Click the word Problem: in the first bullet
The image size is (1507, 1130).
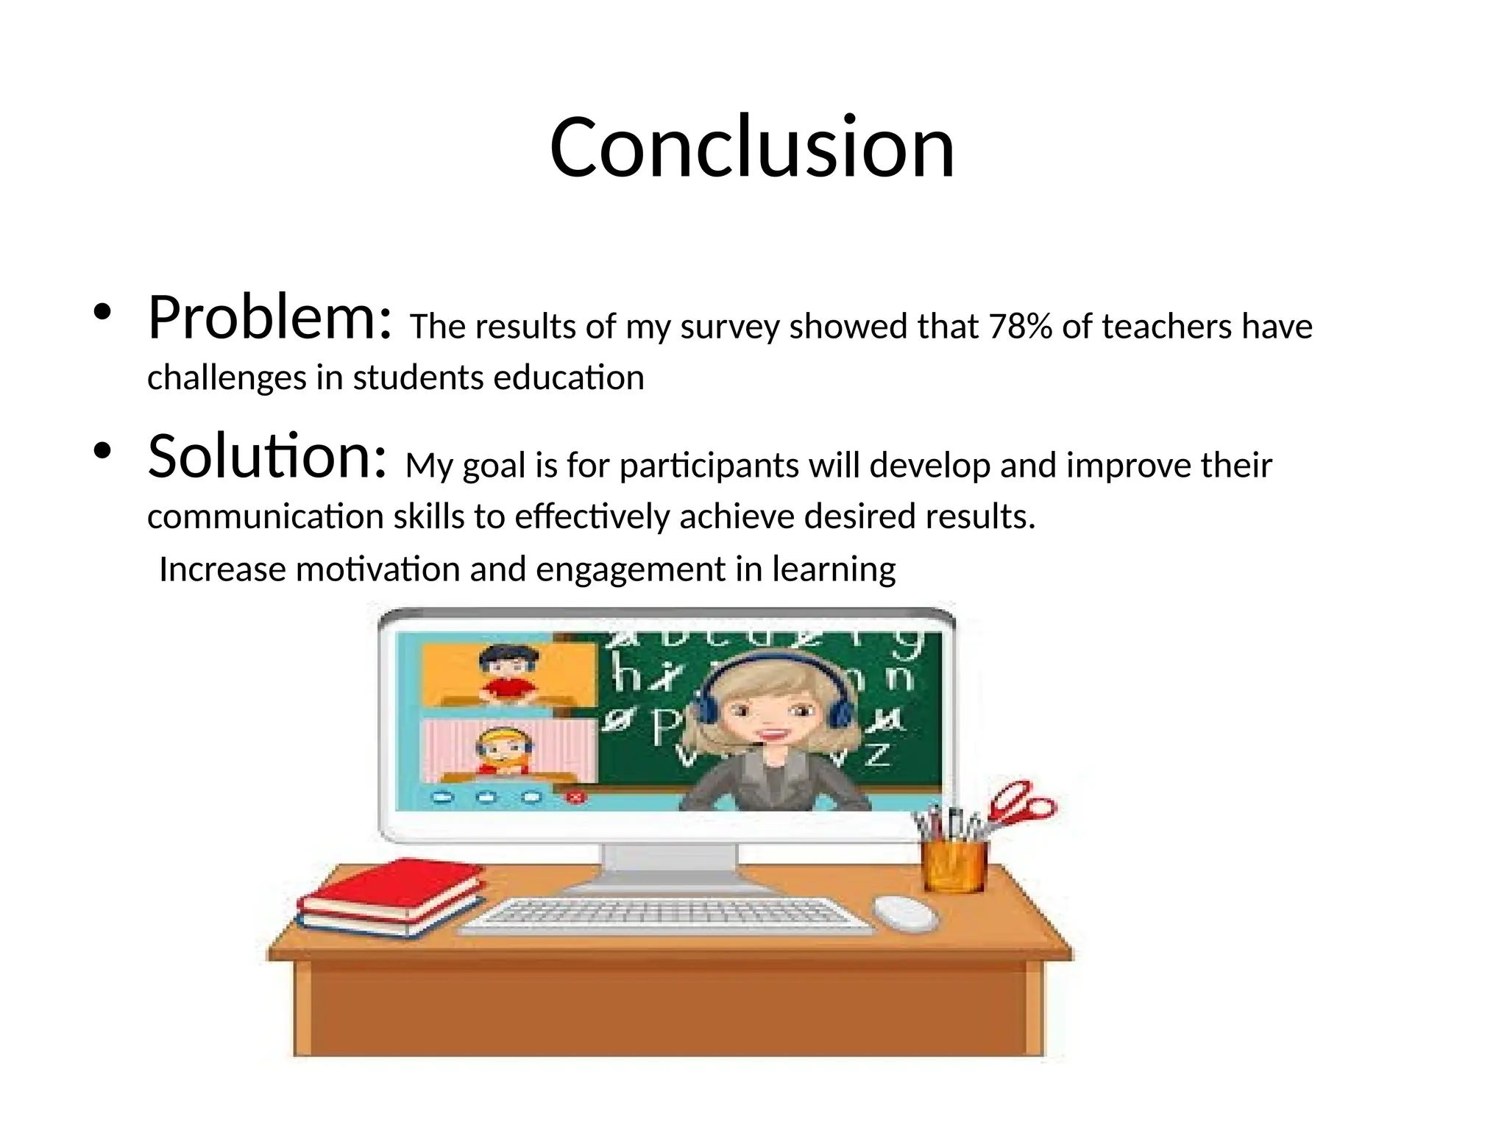pos(269,318)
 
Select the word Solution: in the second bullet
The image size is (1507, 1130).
pos(266,457)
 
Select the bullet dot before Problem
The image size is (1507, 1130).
pos(102,312)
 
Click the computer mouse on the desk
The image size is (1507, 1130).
pos(905,913)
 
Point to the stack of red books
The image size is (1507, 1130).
pos(391,898)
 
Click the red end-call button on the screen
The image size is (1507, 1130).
pos(576,797)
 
